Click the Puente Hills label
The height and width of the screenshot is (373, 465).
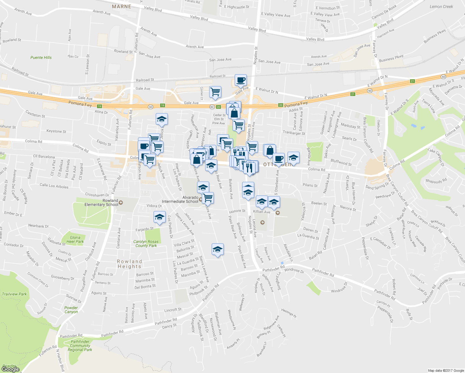click(x=41, y=58)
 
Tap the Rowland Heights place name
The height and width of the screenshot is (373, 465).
click(x=129, y=264)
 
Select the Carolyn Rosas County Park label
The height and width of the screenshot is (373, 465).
click(x=146, y=243)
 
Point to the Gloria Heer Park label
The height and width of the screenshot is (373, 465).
click(x=75, y=239)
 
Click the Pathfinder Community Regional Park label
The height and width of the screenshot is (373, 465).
click(x=80, y=346)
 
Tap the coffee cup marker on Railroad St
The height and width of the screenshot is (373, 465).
click(x=241, y=81)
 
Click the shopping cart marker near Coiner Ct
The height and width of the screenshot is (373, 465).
click(x=215, y=92)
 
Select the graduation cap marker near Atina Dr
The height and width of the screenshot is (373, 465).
click(x=162, y=119)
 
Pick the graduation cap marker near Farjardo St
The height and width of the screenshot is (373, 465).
click(x=159, y=217)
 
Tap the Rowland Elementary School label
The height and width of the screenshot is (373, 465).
click(x=101, y=203)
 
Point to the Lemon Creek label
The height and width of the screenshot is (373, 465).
click(x=441, y=7)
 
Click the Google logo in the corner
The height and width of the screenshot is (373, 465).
click(x=11, y=369)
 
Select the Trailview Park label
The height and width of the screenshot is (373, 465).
click(x=14, y=294)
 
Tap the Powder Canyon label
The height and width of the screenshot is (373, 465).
click(x=71, y=310)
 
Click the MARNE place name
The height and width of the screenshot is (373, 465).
click(x=122, y=7)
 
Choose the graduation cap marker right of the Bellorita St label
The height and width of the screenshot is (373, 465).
click(x=218, y=250)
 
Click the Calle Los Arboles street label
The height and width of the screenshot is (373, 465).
click(x=54, y=186)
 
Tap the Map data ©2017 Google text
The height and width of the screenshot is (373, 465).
click(x=446, y=371)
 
